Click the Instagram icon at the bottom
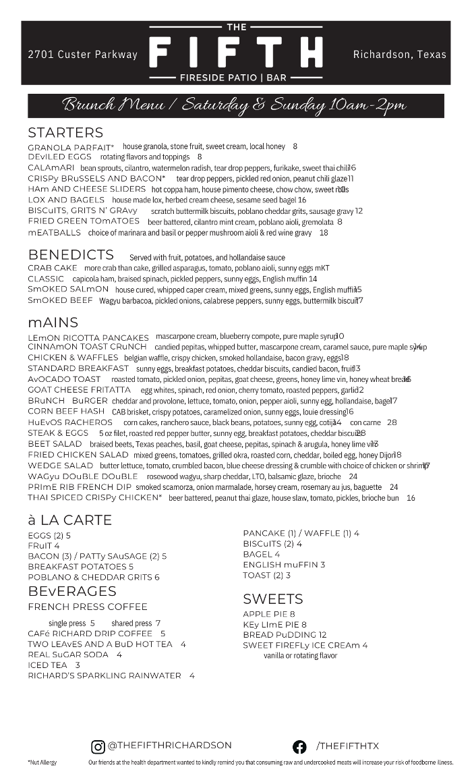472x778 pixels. click(98, 746)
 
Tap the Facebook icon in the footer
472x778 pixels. click(299, 746)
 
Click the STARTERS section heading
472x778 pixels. click(65, 132)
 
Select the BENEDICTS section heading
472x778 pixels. click(71, 255)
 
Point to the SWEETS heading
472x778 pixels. click(273, 599)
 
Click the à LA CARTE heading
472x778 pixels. click(69, 520)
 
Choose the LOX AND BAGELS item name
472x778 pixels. click(66, 200)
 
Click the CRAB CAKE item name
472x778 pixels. click(53, 268)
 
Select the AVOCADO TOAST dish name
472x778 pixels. click(64, 379)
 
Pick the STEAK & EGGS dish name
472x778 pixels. click(58, 433)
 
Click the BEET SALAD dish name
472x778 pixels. click(55, 444)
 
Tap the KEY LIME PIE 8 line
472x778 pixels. click(274, 625)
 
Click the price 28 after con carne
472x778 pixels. click(392, 422)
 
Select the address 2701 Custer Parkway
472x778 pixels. click(82, 55)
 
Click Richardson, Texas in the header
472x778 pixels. click(399, 55)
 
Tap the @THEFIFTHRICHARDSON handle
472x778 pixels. click(170, 746)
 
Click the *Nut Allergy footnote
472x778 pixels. click(42, 762)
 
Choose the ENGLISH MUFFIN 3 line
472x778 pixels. click(284, 565)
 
